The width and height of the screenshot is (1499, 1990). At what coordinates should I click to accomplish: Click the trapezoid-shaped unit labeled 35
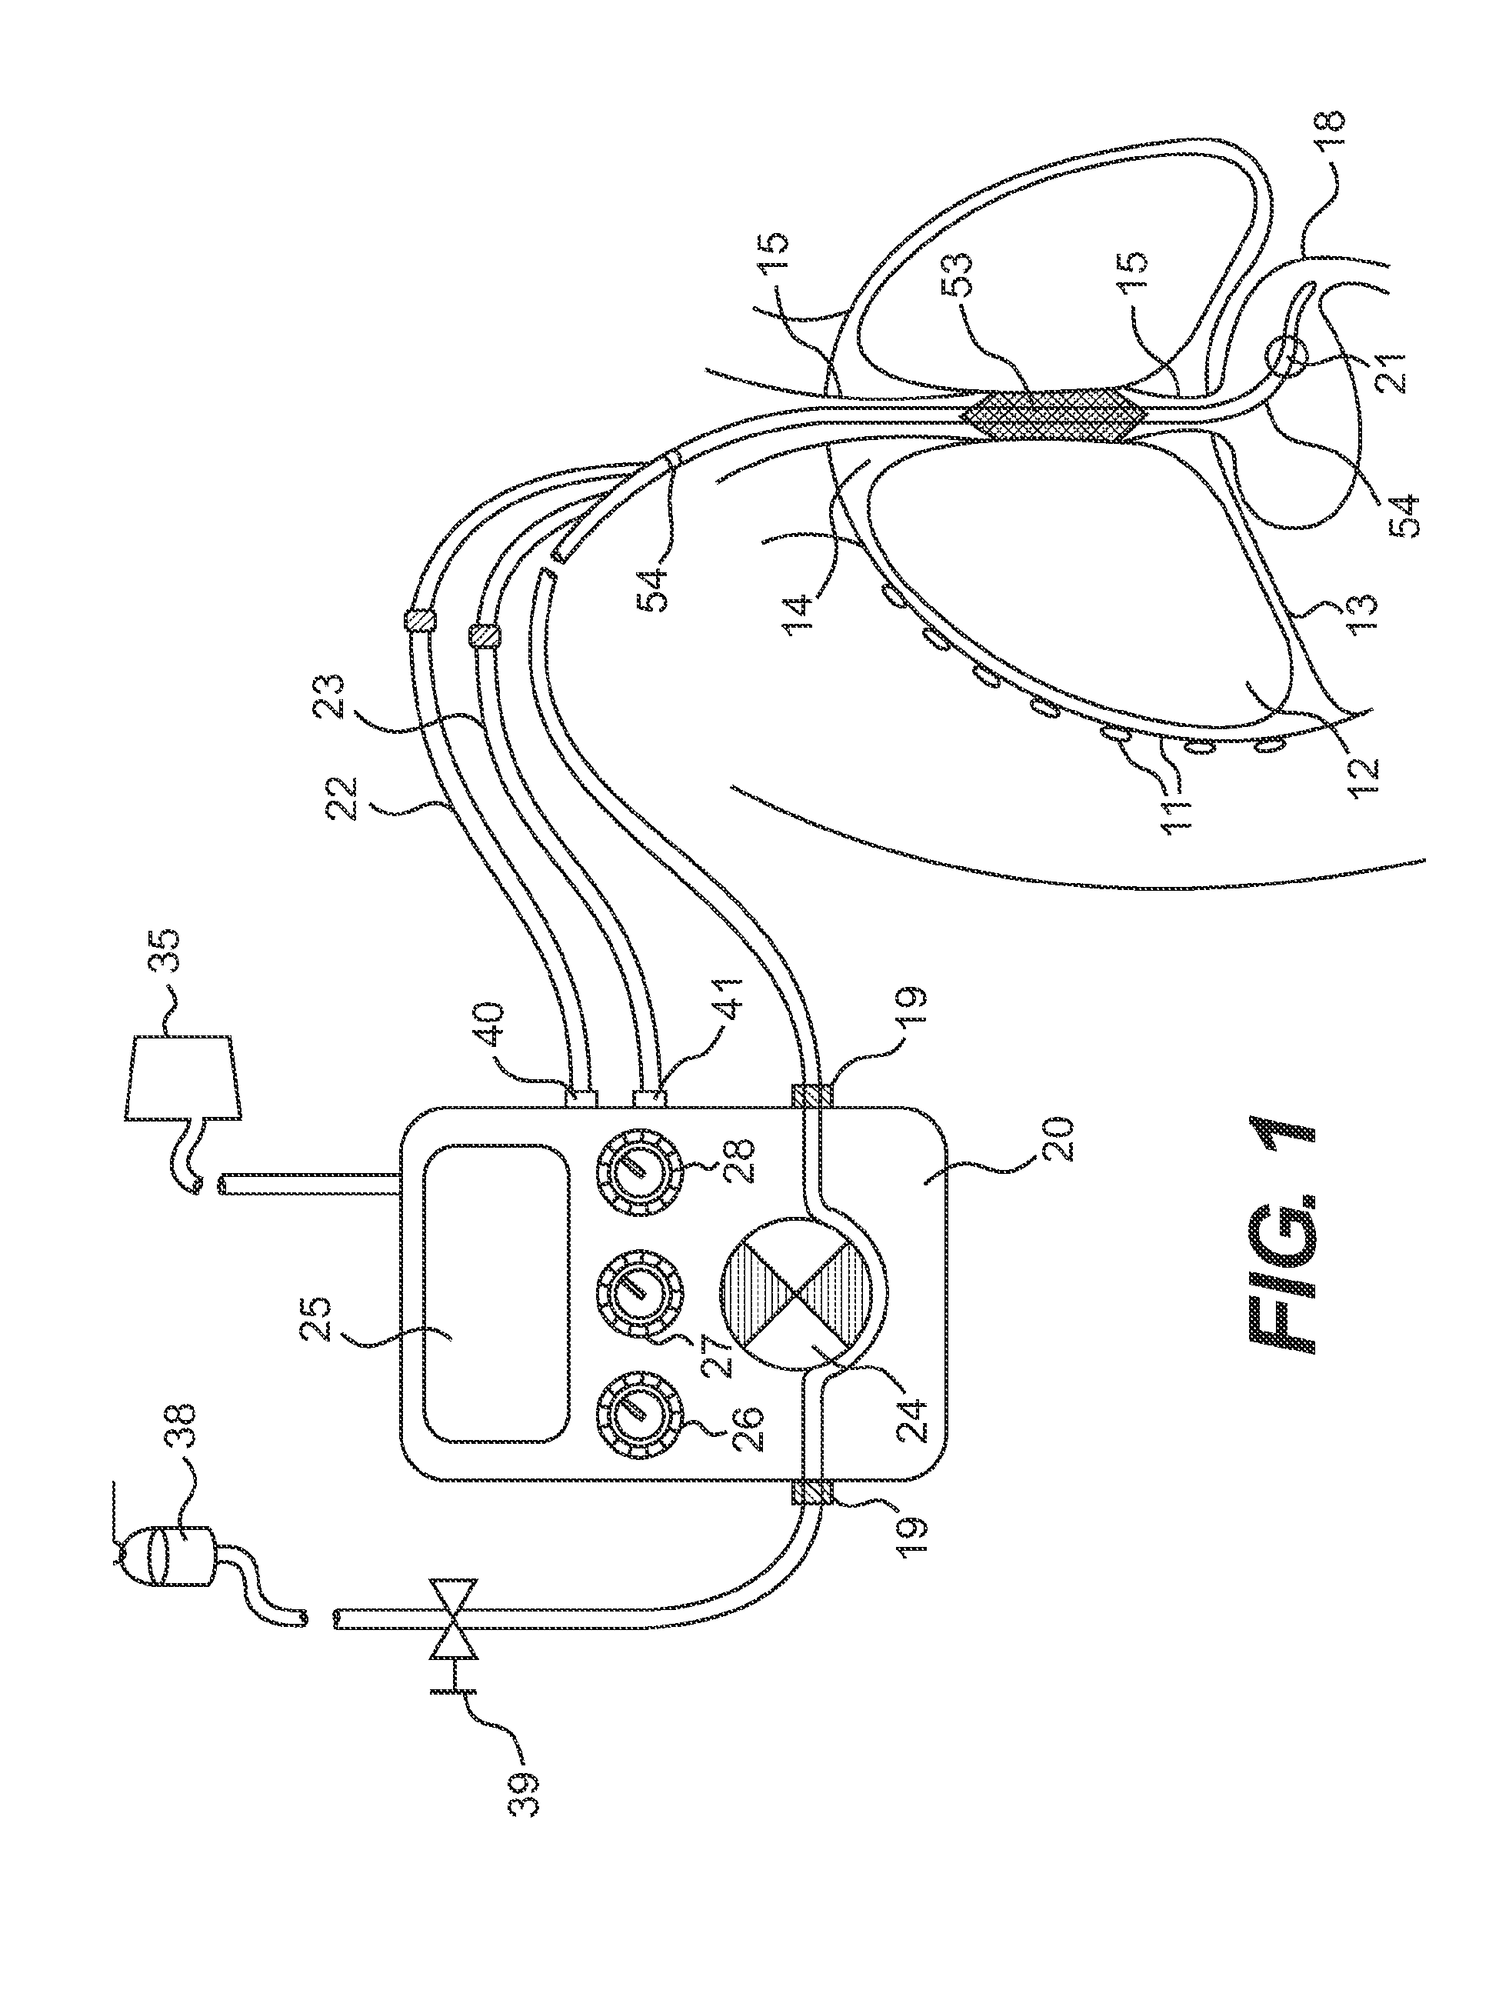[182, 1078]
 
